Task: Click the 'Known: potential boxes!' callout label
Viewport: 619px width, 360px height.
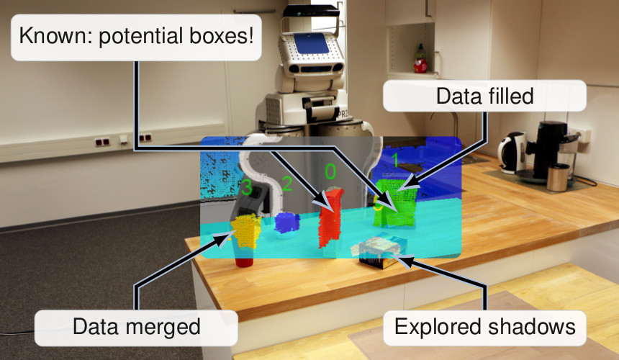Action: (136, 35)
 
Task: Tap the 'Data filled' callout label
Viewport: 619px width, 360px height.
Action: (485, 95)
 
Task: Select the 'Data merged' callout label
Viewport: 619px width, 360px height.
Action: (136, 327)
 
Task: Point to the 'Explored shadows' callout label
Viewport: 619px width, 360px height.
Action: (485, 327)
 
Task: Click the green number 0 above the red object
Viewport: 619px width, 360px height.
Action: (330, 171)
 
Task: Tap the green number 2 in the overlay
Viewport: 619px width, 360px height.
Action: (286, 183)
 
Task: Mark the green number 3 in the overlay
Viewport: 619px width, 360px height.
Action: (247, 189)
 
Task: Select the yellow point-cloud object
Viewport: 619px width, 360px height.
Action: (247, 230)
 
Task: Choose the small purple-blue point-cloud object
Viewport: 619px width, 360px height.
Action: (287, 222)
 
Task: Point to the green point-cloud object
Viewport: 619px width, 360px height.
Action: (398, 204)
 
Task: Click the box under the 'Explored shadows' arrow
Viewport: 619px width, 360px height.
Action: (379, 253)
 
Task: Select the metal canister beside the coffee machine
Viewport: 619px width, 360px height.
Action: (558, 176)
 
